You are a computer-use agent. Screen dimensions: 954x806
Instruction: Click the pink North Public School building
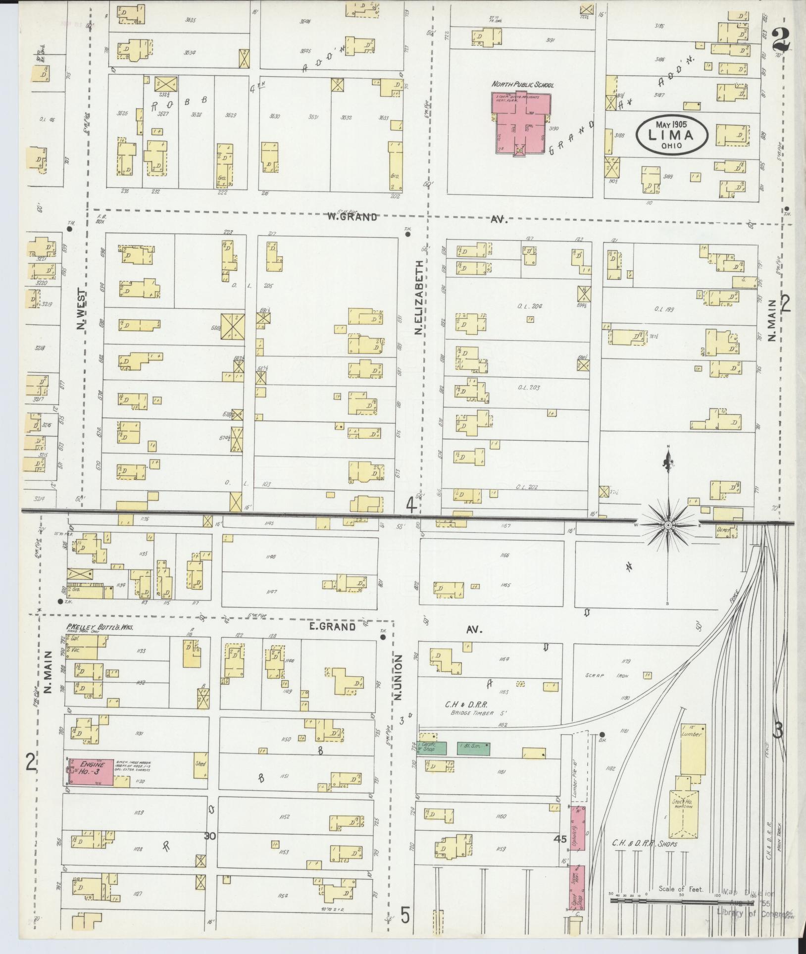[x=520, y=121]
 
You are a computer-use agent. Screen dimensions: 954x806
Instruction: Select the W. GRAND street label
[x=352, y=216]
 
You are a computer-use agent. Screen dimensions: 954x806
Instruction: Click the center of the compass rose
[x=668, y=524]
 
